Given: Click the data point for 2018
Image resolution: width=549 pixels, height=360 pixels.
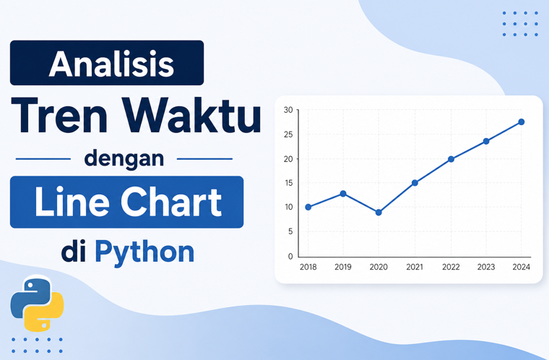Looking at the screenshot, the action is coord(308,207).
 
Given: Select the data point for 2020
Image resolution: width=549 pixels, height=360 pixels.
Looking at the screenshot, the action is coord(379,213).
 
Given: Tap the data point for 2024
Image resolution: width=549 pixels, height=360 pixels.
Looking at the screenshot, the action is coord(522,122).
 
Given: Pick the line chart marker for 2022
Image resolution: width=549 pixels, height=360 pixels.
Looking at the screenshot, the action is coord(451,159).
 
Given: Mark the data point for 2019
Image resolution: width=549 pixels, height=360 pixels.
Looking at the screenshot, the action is coord(343,194).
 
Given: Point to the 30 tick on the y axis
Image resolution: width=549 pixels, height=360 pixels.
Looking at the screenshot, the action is coord(288,110).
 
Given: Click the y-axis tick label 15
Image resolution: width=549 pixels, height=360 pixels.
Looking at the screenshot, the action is coord(288,183).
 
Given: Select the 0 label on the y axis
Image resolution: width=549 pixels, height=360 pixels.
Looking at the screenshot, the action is coord(290,256).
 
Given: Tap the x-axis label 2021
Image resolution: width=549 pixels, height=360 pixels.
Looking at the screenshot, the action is coord(415,267).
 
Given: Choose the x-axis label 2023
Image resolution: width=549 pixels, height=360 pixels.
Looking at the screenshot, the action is coord(486,267).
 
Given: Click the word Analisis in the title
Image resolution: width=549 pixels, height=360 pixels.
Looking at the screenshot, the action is coord(111,64).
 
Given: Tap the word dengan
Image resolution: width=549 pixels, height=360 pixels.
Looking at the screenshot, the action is coord(124,159).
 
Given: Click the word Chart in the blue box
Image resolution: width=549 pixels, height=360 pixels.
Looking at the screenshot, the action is coord(172,202).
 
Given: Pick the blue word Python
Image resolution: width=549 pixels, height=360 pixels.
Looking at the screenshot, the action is coord(144,252).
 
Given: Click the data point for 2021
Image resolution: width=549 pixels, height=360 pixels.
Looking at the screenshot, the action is coord(415,183).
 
